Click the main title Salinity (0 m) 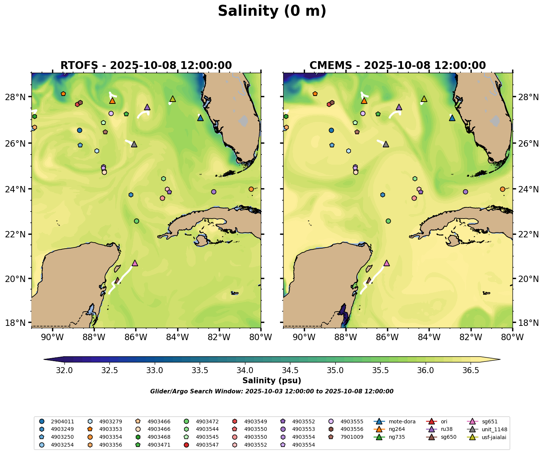272,11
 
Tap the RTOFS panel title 146,65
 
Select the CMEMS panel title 398,65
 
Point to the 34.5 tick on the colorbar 290,370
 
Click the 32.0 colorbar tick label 64,370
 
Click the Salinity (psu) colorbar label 272,381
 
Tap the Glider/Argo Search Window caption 272,391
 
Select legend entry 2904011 62,421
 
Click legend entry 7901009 351,437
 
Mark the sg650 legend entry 449,437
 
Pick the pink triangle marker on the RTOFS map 135,263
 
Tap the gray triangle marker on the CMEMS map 386,144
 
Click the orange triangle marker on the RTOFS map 112,101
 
